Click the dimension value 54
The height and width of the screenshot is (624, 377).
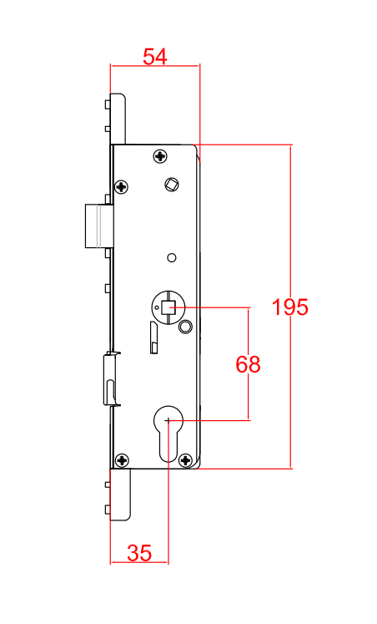click(155, 57)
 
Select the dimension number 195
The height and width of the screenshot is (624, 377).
click(290, 307)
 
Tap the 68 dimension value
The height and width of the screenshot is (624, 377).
click(249, 364)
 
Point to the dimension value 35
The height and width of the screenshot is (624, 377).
click(139, 552)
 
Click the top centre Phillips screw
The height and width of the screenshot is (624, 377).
click(160, 156)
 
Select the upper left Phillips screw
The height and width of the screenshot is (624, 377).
click(122, 186)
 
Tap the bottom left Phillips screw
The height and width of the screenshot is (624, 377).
click(122, 459)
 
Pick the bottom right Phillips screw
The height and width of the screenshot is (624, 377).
click(185, 459)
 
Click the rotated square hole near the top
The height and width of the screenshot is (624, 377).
click(172, 184)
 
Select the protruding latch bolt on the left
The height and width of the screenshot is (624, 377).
click(98, 226)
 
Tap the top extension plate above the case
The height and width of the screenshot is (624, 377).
click(118, 118)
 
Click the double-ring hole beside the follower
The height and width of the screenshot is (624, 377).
click(185, 325)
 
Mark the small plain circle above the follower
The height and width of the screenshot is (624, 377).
click(171, 256)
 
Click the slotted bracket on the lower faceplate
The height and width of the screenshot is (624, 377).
click(110, 380)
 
